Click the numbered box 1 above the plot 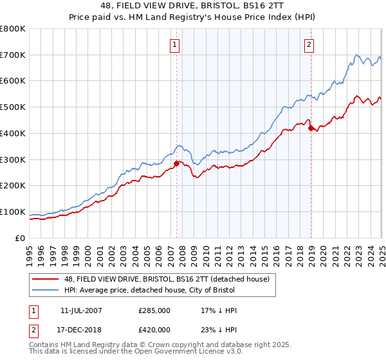175,44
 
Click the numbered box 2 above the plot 309,44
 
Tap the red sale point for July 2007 176,163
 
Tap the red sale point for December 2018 311,128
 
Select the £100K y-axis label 13,212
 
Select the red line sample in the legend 46,278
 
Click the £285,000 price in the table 154,310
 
